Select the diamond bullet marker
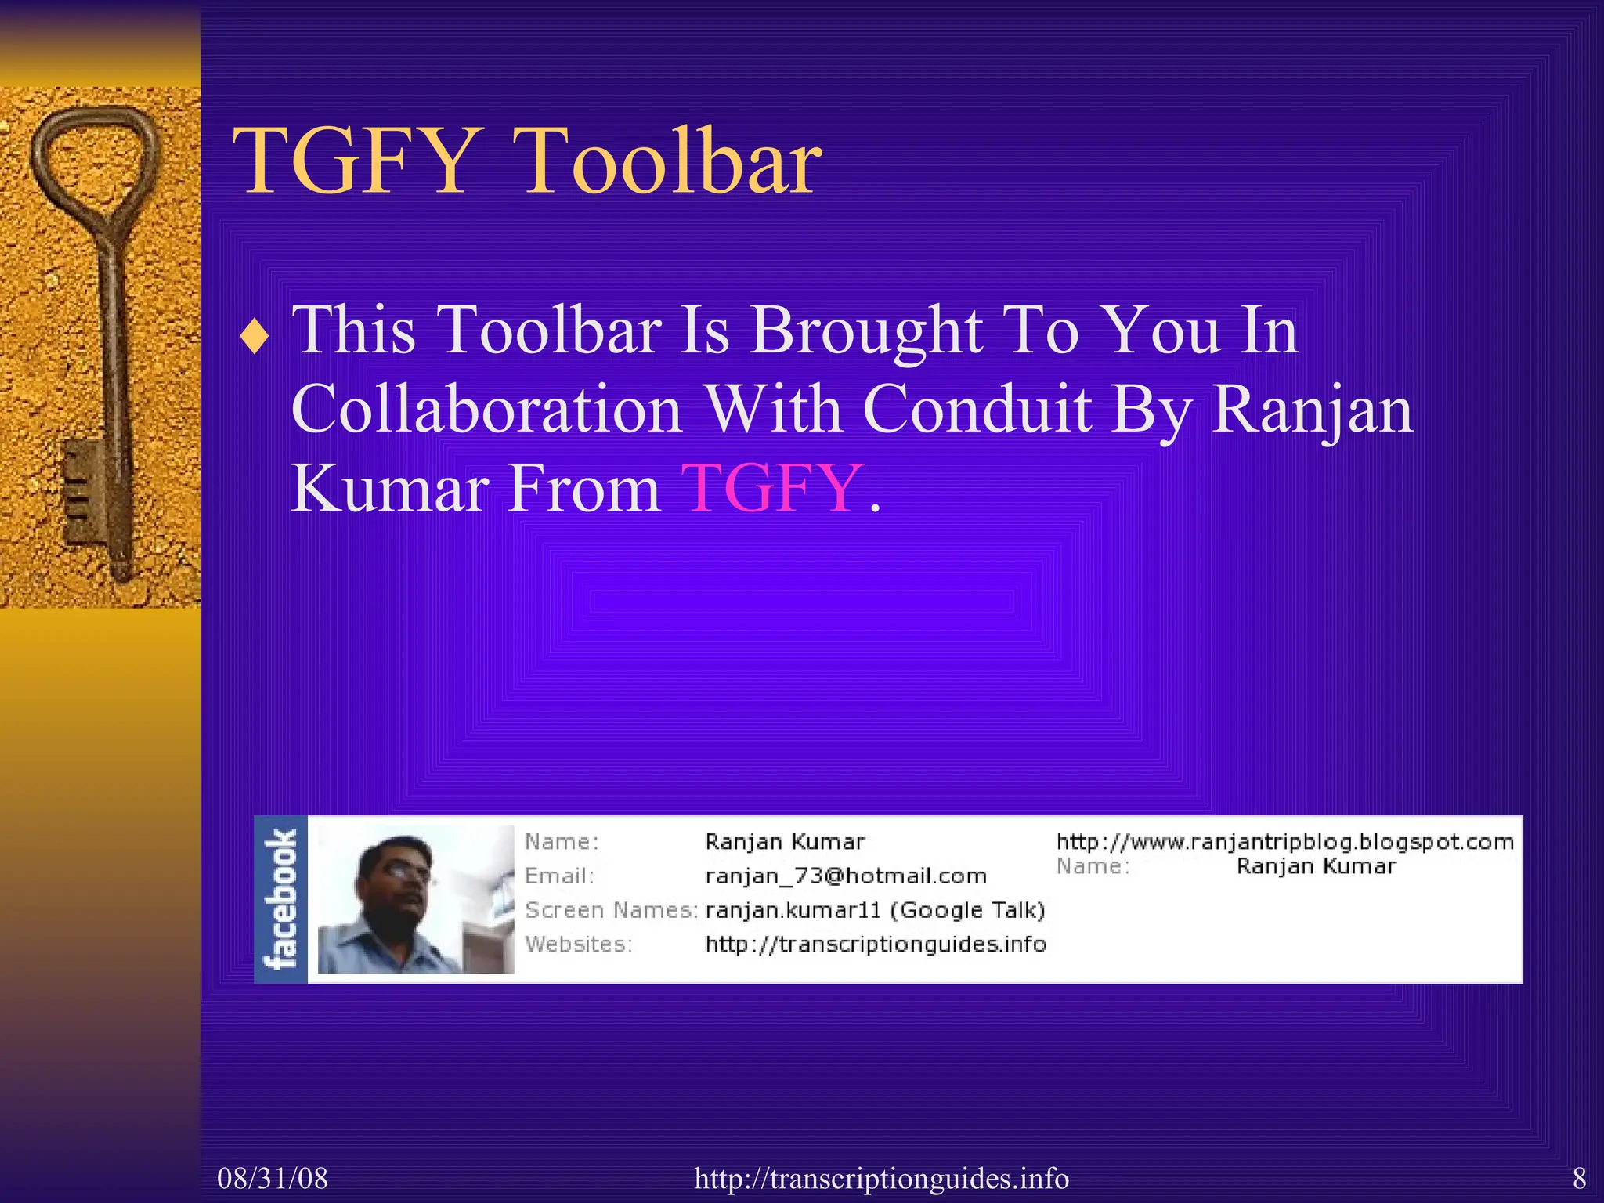[255, 338]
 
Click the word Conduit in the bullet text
[977, 409]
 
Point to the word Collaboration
[486, 409]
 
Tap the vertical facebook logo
[281, 899]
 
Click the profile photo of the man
[416, 899]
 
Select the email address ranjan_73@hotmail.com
[846, 876]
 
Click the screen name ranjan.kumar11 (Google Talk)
[876, 910]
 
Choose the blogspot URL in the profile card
[1284, 842]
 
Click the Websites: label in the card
[578, 945]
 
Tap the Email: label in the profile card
[559, 876]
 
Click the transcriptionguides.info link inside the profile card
[876, 945]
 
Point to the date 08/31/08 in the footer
[273, 1178]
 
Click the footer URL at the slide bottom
[881, 1178]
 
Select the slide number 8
[1579, 1178]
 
